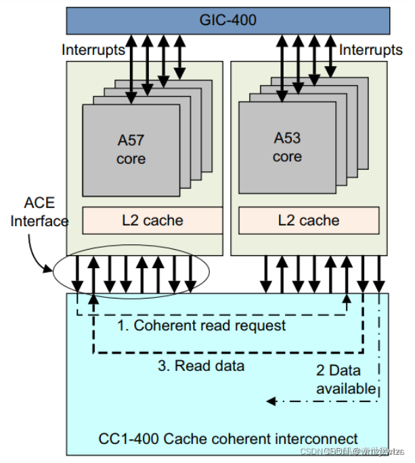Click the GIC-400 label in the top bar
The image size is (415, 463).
[227, 20]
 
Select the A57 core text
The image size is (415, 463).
[131, 150]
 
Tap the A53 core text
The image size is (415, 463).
[287, 148]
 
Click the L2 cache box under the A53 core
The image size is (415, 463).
[309, 221]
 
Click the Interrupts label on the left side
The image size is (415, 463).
[93, 50]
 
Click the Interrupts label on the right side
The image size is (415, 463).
[370, 50]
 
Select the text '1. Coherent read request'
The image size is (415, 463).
[201, 326]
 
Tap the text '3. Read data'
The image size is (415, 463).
[201, 366]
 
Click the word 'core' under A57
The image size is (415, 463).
[131, 159]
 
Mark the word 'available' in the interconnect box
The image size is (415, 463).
[345, 389]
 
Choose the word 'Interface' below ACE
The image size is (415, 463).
[39, 221]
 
